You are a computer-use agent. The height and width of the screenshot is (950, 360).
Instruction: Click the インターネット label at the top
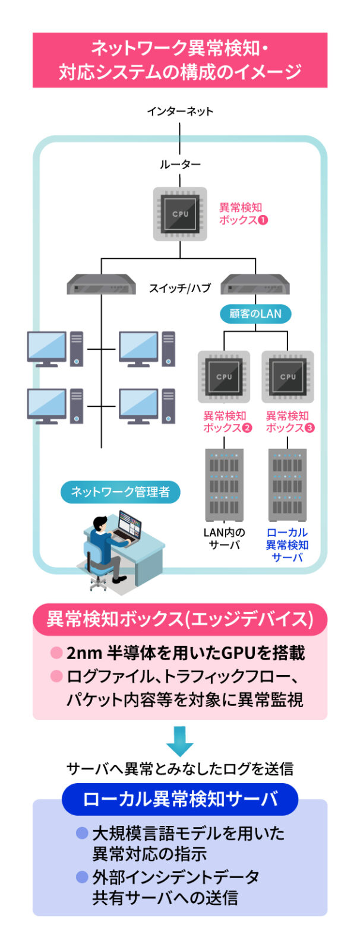pos(180,111)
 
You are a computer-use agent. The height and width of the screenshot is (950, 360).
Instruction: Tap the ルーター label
pos(180,164)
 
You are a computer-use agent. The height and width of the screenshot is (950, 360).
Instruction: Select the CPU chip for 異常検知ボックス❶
pos(180,214)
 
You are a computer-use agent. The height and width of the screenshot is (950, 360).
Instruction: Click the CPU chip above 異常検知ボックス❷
pos(224,376)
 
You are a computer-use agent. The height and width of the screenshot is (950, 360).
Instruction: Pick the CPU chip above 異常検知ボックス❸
pos(288,376)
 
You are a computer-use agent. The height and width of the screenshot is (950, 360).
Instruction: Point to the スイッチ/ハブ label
pos(180,289)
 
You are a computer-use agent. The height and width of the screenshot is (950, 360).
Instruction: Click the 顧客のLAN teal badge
pos(255,313)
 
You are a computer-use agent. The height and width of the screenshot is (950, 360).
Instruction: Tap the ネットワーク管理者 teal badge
pos(120,492)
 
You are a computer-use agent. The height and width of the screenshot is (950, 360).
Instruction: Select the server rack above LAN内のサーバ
pos(224,484)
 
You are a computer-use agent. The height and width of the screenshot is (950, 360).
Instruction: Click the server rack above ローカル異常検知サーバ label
pos(288,484)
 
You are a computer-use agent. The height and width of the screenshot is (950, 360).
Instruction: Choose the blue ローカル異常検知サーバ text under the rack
pos(288,544)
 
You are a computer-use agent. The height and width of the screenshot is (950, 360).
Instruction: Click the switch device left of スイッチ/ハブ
pos(101,285)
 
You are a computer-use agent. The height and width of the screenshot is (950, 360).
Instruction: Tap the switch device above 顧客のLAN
pos(255,285)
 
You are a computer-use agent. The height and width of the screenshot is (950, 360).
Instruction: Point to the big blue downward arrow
pos(179,740)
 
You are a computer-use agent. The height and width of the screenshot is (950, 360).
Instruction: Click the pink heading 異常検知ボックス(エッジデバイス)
pos(180,619)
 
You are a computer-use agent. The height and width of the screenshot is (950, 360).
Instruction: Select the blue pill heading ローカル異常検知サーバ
pos(180,799)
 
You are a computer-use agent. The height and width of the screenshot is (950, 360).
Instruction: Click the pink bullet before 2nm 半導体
pos(56,653)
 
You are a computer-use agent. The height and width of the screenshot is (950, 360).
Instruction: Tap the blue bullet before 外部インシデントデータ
pos(82,876)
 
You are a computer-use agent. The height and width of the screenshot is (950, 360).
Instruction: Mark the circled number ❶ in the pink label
pos(263,220)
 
